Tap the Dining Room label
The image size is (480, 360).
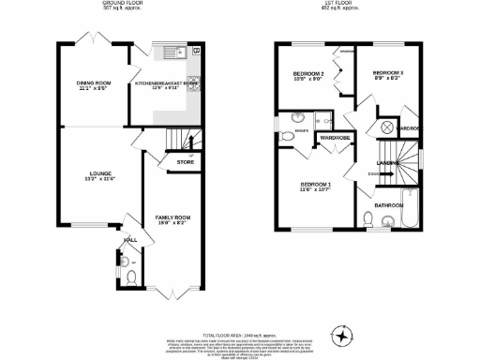click(92, 85)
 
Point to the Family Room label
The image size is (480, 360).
click(172, 219)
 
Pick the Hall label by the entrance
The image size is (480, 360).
click(129, 240)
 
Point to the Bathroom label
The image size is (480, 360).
click(389, 204)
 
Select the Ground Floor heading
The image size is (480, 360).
click(122, 5)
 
